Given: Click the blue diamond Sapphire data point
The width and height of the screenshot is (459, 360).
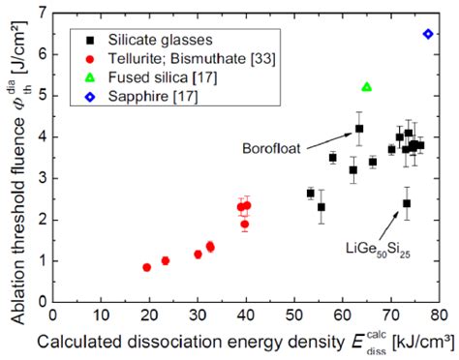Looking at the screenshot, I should coord(428,34).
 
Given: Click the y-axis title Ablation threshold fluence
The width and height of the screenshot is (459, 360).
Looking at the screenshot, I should coord(14,155).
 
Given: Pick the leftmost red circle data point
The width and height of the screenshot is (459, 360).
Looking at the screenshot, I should coord(146,267).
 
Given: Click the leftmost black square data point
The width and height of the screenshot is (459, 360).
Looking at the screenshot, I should coord(311,194).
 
